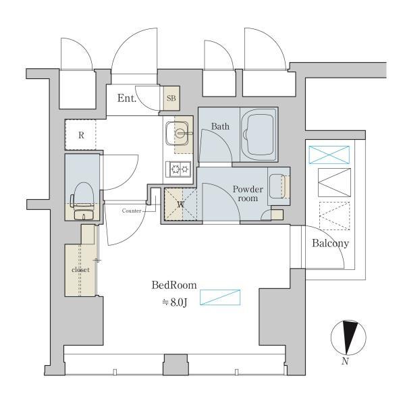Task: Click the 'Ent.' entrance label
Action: pos(127,99)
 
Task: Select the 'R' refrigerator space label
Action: pos(81,135)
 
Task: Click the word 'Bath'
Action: pos(220,126)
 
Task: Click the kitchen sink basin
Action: pos(178,132)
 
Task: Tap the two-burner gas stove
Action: pos(179,169)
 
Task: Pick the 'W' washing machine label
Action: pos(180,204)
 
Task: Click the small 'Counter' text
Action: pos(132,211)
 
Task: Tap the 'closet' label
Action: pos(80,270)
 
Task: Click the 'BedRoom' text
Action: pos(173,286)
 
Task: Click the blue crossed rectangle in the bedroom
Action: pos(221,297)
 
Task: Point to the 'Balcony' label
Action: pos(330,244)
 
